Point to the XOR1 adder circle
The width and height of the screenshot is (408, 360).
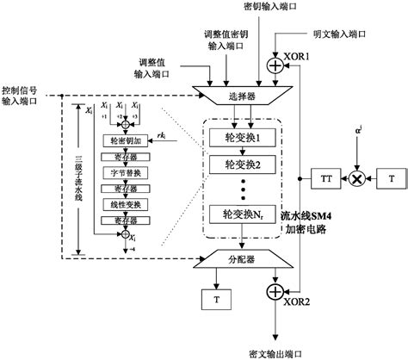275,64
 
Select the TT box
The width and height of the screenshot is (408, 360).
327,179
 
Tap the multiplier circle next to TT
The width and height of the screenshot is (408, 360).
354,179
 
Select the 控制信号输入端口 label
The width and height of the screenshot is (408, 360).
20,95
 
